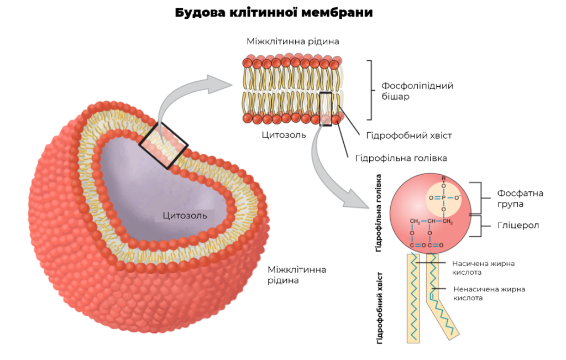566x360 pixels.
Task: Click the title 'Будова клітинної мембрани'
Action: pos(274,13)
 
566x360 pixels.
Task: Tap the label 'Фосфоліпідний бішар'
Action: pos(417,91)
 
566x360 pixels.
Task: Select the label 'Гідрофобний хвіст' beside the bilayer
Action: pos(409,135)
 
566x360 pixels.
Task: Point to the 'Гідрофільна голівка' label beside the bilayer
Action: pos(401,158)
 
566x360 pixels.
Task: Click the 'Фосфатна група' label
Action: pos(520,199)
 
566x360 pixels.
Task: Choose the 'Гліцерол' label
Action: pos(518,225)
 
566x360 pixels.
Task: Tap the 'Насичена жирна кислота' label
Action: pos(483,268)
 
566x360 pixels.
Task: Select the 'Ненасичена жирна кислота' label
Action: pos(489,294)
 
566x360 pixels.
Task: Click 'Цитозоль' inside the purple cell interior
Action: pos(185,216)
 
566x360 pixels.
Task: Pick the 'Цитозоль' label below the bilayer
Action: pos(284,135)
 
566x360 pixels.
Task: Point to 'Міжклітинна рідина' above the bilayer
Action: pos(293,41)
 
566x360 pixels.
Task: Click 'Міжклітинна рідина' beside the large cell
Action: pos(297,275)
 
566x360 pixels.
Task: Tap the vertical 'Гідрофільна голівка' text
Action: pos(379,213)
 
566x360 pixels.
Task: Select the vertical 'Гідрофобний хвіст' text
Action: pos(379,307)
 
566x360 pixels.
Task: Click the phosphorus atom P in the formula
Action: pos(444,197)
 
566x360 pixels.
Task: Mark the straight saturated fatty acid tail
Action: pos(413,298)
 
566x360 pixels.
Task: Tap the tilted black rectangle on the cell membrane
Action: pos(164,145)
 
